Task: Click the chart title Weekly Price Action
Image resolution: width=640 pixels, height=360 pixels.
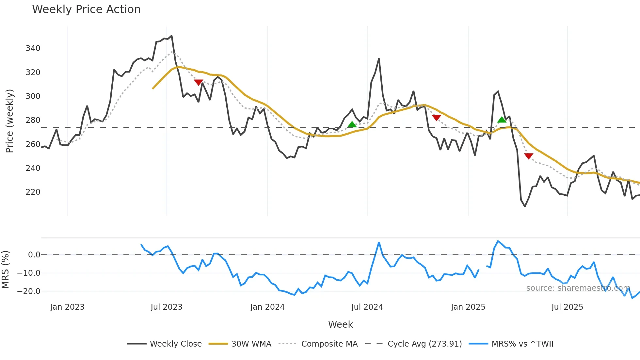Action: pyautogui.click(x=86, y=9)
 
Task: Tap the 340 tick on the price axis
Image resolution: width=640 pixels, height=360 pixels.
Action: pyautogui.click(x=33, y=48)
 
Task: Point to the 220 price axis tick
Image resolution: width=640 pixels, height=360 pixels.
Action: pyautogui.click(x=33, y=192)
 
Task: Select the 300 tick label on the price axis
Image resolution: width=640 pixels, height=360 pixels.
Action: pyautogui.click(x=33, y=96)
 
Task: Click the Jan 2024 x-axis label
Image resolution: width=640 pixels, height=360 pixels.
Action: pyautogui.click(x=267, y=307)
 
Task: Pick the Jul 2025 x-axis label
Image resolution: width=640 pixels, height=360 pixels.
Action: pyautogui.click(x=567, y=307)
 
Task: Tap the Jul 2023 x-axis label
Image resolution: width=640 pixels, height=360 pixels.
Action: pyautogui.click(x=167, y=307)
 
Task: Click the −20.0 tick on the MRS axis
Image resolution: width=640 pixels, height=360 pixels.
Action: pyautogui.click(x=29, y=291)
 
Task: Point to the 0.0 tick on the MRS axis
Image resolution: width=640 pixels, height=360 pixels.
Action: pyautogui.click(x=34, y=255)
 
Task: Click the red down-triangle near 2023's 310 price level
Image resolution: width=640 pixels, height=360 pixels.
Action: pyautogui.click(x=199, y=82)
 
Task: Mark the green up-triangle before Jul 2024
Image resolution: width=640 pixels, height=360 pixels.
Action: pyautogui.click(x=352, y=124)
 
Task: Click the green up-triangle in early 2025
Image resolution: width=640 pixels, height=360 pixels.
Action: pyautogui.click(x=502, y=120)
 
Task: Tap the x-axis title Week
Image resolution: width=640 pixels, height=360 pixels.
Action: pyautogui.click(x=340, y=324)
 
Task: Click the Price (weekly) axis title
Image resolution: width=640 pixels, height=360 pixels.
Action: pyautogui.click(x=10, y=121)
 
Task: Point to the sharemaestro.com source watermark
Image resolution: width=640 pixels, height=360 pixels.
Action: pyautogui.click(x=578, y=288)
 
